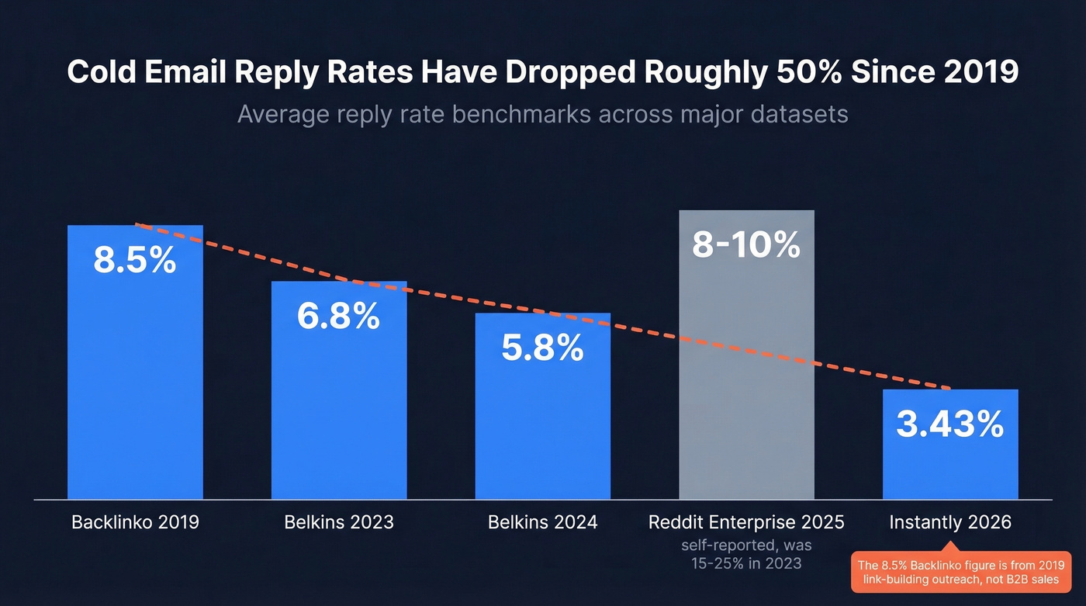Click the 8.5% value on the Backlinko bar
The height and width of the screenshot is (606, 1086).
click(135, 261)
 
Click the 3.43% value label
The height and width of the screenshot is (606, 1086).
click(950, 424)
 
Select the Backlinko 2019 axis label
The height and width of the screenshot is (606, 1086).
click(135, 521)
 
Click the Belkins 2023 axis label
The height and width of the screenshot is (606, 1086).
click(338, 521)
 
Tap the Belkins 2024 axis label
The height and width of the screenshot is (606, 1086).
click(542, 521)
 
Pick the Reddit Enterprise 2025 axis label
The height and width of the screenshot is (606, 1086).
click(746, 521)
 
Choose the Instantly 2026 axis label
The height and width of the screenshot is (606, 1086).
click(950, 521)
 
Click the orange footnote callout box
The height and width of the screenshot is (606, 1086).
click(961, 573)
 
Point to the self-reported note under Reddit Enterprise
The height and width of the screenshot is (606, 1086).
click(746, 554)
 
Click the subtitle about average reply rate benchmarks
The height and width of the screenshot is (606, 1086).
click(542, 114)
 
